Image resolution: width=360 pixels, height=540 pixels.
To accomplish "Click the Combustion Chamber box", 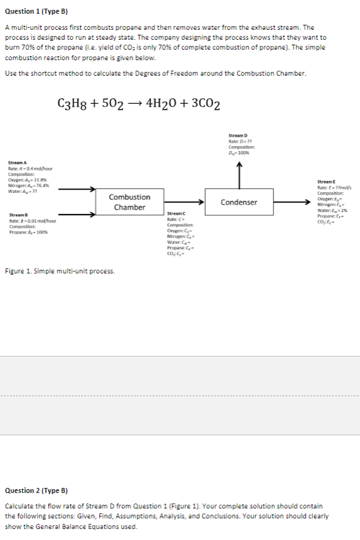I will click(130, 202).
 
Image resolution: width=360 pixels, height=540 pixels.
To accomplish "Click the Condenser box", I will click(239, 202).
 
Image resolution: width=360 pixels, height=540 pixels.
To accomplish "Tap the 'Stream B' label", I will click(17, 215).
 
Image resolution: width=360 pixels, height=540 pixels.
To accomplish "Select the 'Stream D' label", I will click(239, 135).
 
